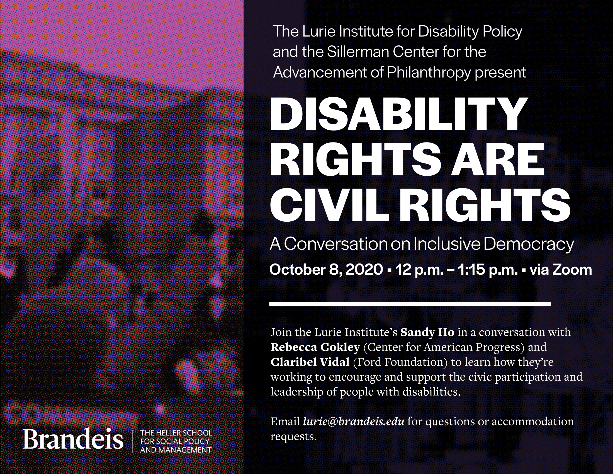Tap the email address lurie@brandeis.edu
click(354, 422)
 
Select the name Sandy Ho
click(427, 332)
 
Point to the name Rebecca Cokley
click(315, 347)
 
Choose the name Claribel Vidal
click(310, 362)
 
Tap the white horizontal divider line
click(410, 304)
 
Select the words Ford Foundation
click(400, 362)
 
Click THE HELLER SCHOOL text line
click(176, 433)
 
